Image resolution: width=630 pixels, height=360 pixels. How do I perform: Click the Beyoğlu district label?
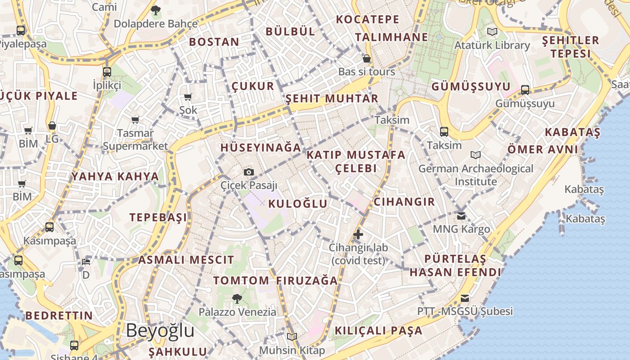[160, 331]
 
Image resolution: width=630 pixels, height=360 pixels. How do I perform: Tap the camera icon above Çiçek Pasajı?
[248, 172]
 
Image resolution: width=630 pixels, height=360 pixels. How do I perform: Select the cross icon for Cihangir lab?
[358, 234]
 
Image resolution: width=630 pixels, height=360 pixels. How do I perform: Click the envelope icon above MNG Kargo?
[461, 216]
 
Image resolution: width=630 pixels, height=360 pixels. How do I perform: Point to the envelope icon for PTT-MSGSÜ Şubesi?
[465, 298]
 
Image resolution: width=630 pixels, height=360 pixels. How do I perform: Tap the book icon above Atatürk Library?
[492, 32]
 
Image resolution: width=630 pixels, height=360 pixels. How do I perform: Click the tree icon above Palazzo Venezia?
[237, 298]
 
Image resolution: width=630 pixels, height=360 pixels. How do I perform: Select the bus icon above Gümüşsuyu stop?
[525, 90]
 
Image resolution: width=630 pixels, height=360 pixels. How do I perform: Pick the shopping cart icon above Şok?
[188, 97]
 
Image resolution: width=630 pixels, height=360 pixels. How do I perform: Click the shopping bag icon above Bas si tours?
[367, 58]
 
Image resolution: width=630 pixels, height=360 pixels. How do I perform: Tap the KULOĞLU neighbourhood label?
[298, 204]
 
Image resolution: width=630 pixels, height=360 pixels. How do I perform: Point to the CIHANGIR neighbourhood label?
[404, 202]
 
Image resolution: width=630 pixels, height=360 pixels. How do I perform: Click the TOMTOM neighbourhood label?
[241, 281]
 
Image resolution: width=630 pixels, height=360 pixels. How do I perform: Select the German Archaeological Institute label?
[476, 175]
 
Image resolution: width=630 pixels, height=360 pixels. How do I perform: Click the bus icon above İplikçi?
[107, 72]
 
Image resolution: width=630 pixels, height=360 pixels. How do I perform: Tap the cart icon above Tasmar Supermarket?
[135, 120]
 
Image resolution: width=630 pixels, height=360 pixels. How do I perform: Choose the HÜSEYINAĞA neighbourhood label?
[261, 148]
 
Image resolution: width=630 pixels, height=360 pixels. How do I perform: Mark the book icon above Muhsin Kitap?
[292, 337]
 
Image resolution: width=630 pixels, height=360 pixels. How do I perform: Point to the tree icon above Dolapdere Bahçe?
[156, 10]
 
